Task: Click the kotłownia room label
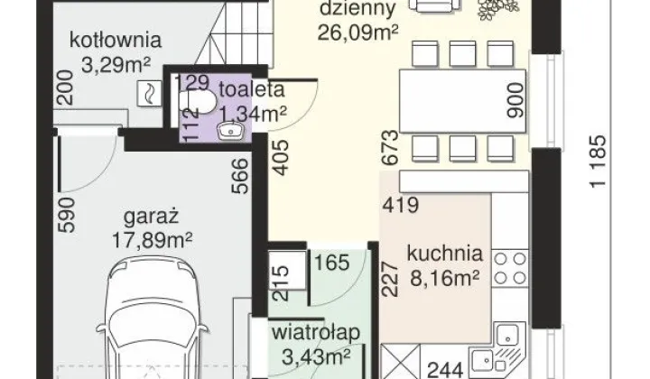coord(116,41)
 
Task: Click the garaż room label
coord(152,217)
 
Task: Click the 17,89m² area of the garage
coord(153,240)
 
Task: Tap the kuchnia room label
coord(445,254)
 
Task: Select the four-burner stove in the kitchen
coord(510,268)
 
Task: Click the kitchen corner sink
coord(498,348)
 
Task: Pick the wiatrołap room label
coord(316,332)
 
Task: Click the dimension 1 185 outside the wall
coord(599,162)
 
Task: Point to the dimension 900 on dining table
coord(515,100)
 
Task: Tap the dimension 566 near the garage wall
coord(239,177)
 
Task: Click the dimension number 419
coord(401,205)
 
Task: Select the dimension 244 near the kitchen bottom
coord(445,370)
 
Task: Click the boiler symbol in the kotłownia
coord(148,93)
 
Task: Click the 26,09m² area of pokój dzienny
coord(358,32)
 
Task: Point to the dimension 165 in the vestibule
coord(332,263)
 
